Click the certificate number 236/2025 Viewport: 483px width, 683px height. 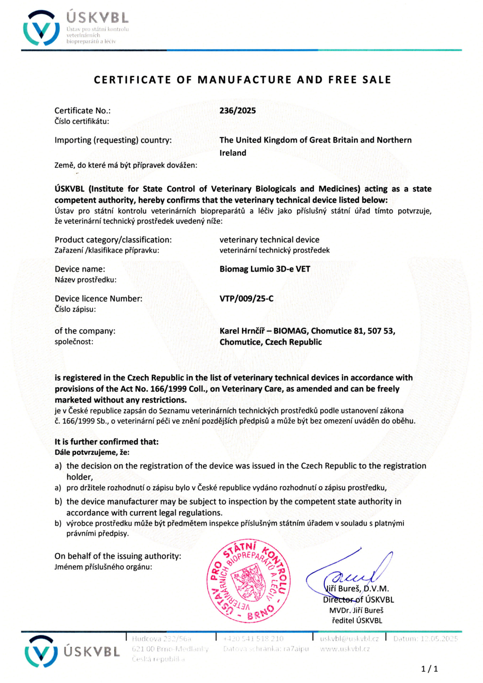tap(238, 111)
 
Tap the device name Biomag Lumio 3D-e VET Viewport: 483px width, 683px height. tap(265, 269)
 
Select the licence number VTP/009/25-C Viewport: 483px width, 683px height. tap(246, 298)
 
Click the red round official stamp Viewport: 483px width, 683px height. tap(249, 581)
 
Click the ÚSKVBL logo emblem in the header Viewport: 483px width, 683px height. tap(41, 28)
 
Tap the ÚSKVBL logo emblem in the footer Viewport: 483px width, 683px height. tap(41, 651)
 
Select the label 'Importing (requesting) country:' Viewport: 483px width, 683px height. tap(113, 140)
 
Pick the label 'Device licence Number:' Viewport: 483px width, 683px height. tap(99, 298)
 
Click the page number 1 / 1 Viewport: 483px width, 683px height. tap(429, 669)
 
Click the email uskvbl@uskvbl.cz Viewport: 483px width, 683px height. tap(349, 639)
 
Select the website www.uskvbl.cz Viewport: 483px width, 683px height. tap(345, 649)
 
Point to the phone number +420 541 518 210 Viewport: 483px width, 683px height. tap(253, 639)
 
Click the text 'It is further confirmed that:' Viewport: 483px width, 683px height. tap(107, 442)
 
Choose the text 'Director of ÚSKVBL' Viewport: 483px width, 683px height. tap(359, 600)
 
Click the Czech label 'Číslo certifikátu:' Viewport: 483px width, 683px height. tap(82, 121)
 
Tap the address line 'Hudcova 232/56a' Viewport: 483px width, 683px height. tap(161, 639)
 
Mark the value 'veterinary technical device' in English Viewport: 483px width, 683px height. tap(269, 240)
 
